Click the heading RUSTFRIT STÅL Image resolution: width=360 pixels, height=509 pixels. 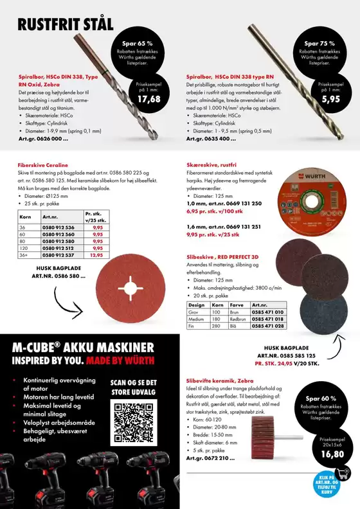[x=66, y=25]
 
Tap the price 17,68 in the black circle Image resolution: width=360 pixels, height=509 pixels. [x=149, y=99]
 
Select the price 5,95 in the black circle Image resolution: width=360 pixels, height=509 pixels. [x=330, y=99]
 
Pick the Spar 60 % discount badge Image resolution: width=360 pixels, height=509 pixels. [x=321, y=409]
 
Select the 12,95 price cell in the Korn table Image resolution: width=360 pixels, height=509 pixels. [x=97, y=255]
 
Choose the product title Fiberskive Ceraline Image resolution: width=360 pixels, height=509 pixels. [x=44, y=165]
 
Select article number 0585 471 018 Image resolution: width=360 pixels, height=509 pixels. [x=267, y=319]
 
